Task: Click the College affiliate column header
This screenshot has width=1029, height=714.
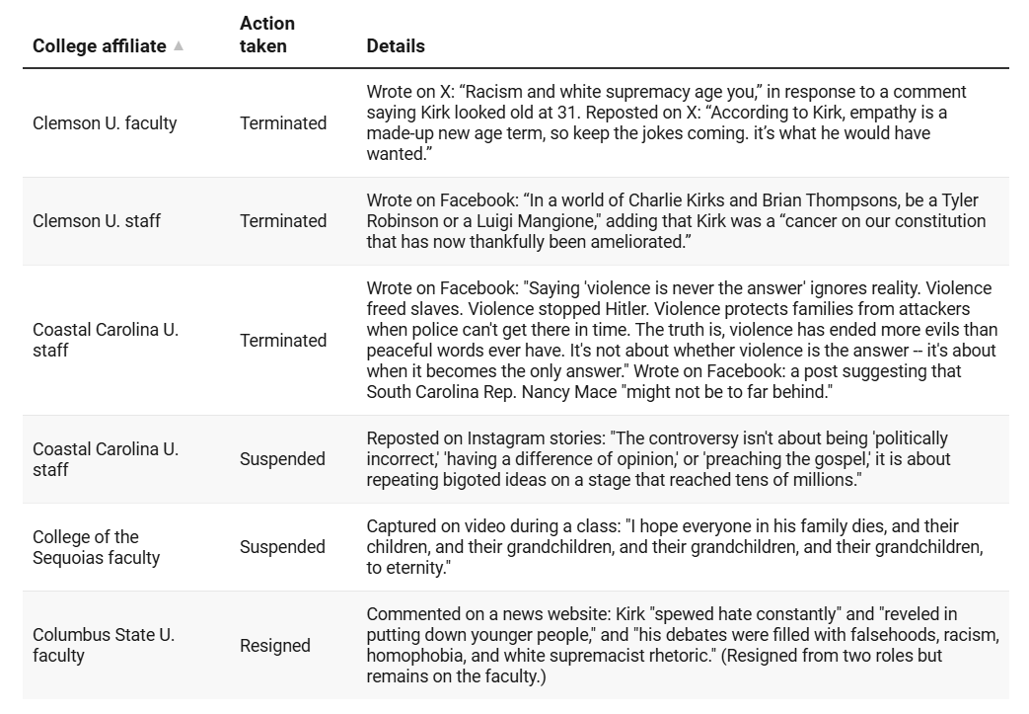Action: (99, 46)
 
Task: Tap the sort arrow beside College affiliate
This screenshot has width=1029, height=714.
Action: (179, 46)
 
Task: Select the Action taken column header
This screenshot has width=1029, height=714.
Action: (267, 35)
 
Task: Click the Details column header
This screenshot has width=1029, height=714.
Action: (396, 46)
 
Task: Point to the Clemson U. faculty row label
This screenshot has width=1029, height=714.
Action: (105, 123)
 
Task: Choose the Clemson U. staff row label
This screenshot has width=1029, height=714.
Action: (96, 221)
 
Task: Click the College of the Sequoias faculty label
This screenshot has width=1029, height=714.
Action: (96, 547)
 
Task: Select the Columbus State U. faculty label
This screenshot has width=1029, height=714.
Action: (104, 645)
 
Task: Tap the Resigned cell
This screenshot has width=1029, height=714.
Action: (275, 646)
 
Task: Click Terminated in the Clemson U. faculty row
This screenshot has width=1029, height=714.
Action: (283, 123)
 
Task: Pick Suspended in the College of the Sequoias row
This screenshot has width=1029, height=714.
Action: (282, 547)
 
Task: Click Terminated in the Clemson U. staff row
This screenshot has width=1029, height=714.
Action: (283, 221)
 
